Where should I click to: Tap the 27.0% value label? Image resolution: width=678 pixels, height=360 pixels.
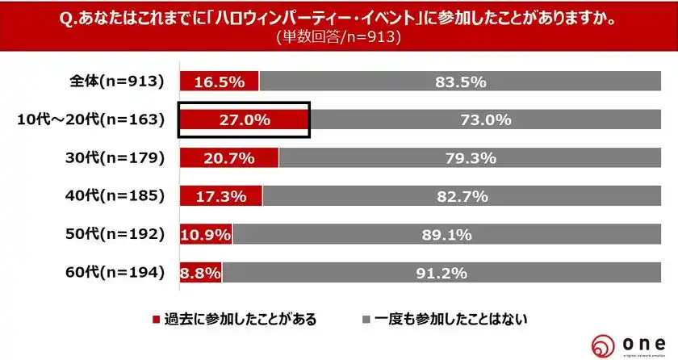244,120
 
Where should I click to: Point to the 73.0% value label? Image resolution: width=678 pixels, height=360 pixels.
486,120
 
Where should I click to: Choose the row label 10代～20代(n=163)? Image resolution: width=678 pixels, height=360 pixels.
90,119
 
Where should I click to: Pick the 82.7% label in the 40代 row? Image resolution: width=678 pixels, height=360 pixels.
470,196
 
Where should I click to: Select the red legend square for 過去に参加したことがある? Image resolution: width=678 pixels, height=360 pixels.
157,319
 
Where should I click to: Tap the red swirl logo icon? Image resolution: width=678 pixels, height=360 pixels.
605,344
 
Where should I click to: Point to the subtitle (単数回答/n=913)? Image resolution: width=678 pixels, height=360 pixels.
338,37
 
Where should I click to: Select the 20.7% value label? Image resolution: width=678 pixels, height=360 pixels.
228,158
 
